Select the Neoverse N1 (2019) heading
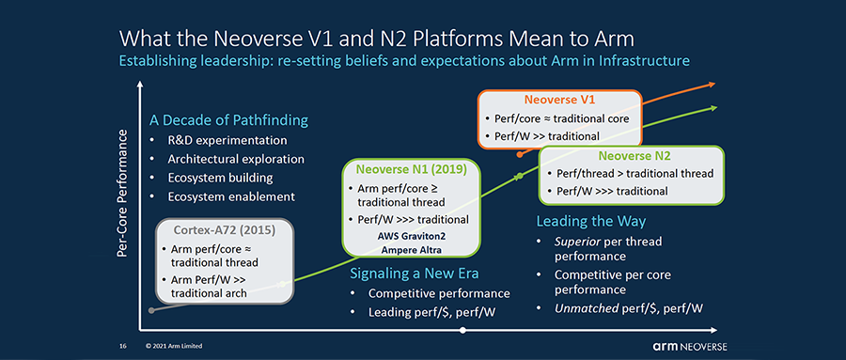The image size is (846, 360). (411, 168)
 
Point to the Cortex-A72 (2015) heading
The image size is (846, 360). (224, 230)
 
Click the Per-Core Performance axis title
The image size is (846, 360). (122, 194)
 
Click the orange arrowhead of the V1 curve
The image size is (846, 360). (712, 85)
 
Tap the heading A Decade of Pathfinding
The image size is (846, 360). (228, 119)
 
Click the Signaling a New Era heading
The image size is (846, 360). (415, 274)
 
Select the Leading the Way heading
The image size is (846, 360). (591, 221)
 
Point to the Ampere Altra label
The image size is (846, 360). (411, 250)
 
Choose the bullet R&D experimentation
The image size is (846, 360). (227, 141)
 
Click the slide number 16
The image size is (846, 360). (122, 346)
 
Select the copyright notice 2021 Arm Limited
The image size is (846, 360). (174, 346)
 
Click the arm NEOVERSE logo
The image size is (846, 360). (690, 346)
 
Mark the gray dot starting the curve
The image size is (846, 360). (151, 310)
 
